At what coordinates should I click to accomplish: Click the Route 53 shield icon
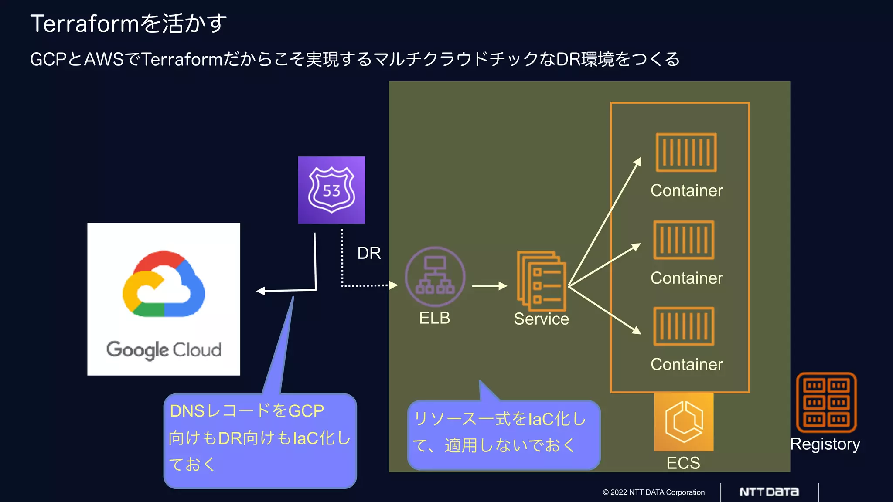tap(331, 190)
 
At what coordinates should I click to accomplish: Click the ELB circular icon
tap(435, 277)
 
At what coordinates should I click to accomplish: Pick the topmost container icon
tap(686, 153)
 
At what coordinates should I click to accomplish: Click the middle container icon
tap(684, 240)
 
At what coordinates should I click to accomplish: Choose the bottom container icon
tap(684, 326)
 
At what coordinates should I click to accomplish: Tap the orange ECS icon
tap(684, 422)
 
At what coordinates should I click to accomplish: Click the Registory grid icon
tap(826, 402)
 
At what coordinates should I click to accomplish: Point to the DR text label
tap(369, 253)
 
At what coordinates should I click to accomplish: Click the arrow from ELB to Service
tap(489, 286)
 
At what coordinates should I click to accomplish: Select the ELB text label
tap(434, 318)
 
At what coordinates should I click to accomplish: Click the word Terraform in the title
tap(85, 24)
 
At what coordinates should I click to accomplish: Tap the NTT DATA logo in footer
tap(769, 492)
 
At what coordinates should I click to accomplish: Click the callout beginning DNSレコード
tap(260, 440)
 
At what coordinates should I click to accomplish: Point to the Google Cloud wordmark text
tap(164, 350)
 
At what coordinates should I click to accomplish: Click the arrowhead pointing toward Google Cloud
tap(261, 291)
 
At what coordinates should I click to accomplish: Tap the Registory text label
tap(825, 444)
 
